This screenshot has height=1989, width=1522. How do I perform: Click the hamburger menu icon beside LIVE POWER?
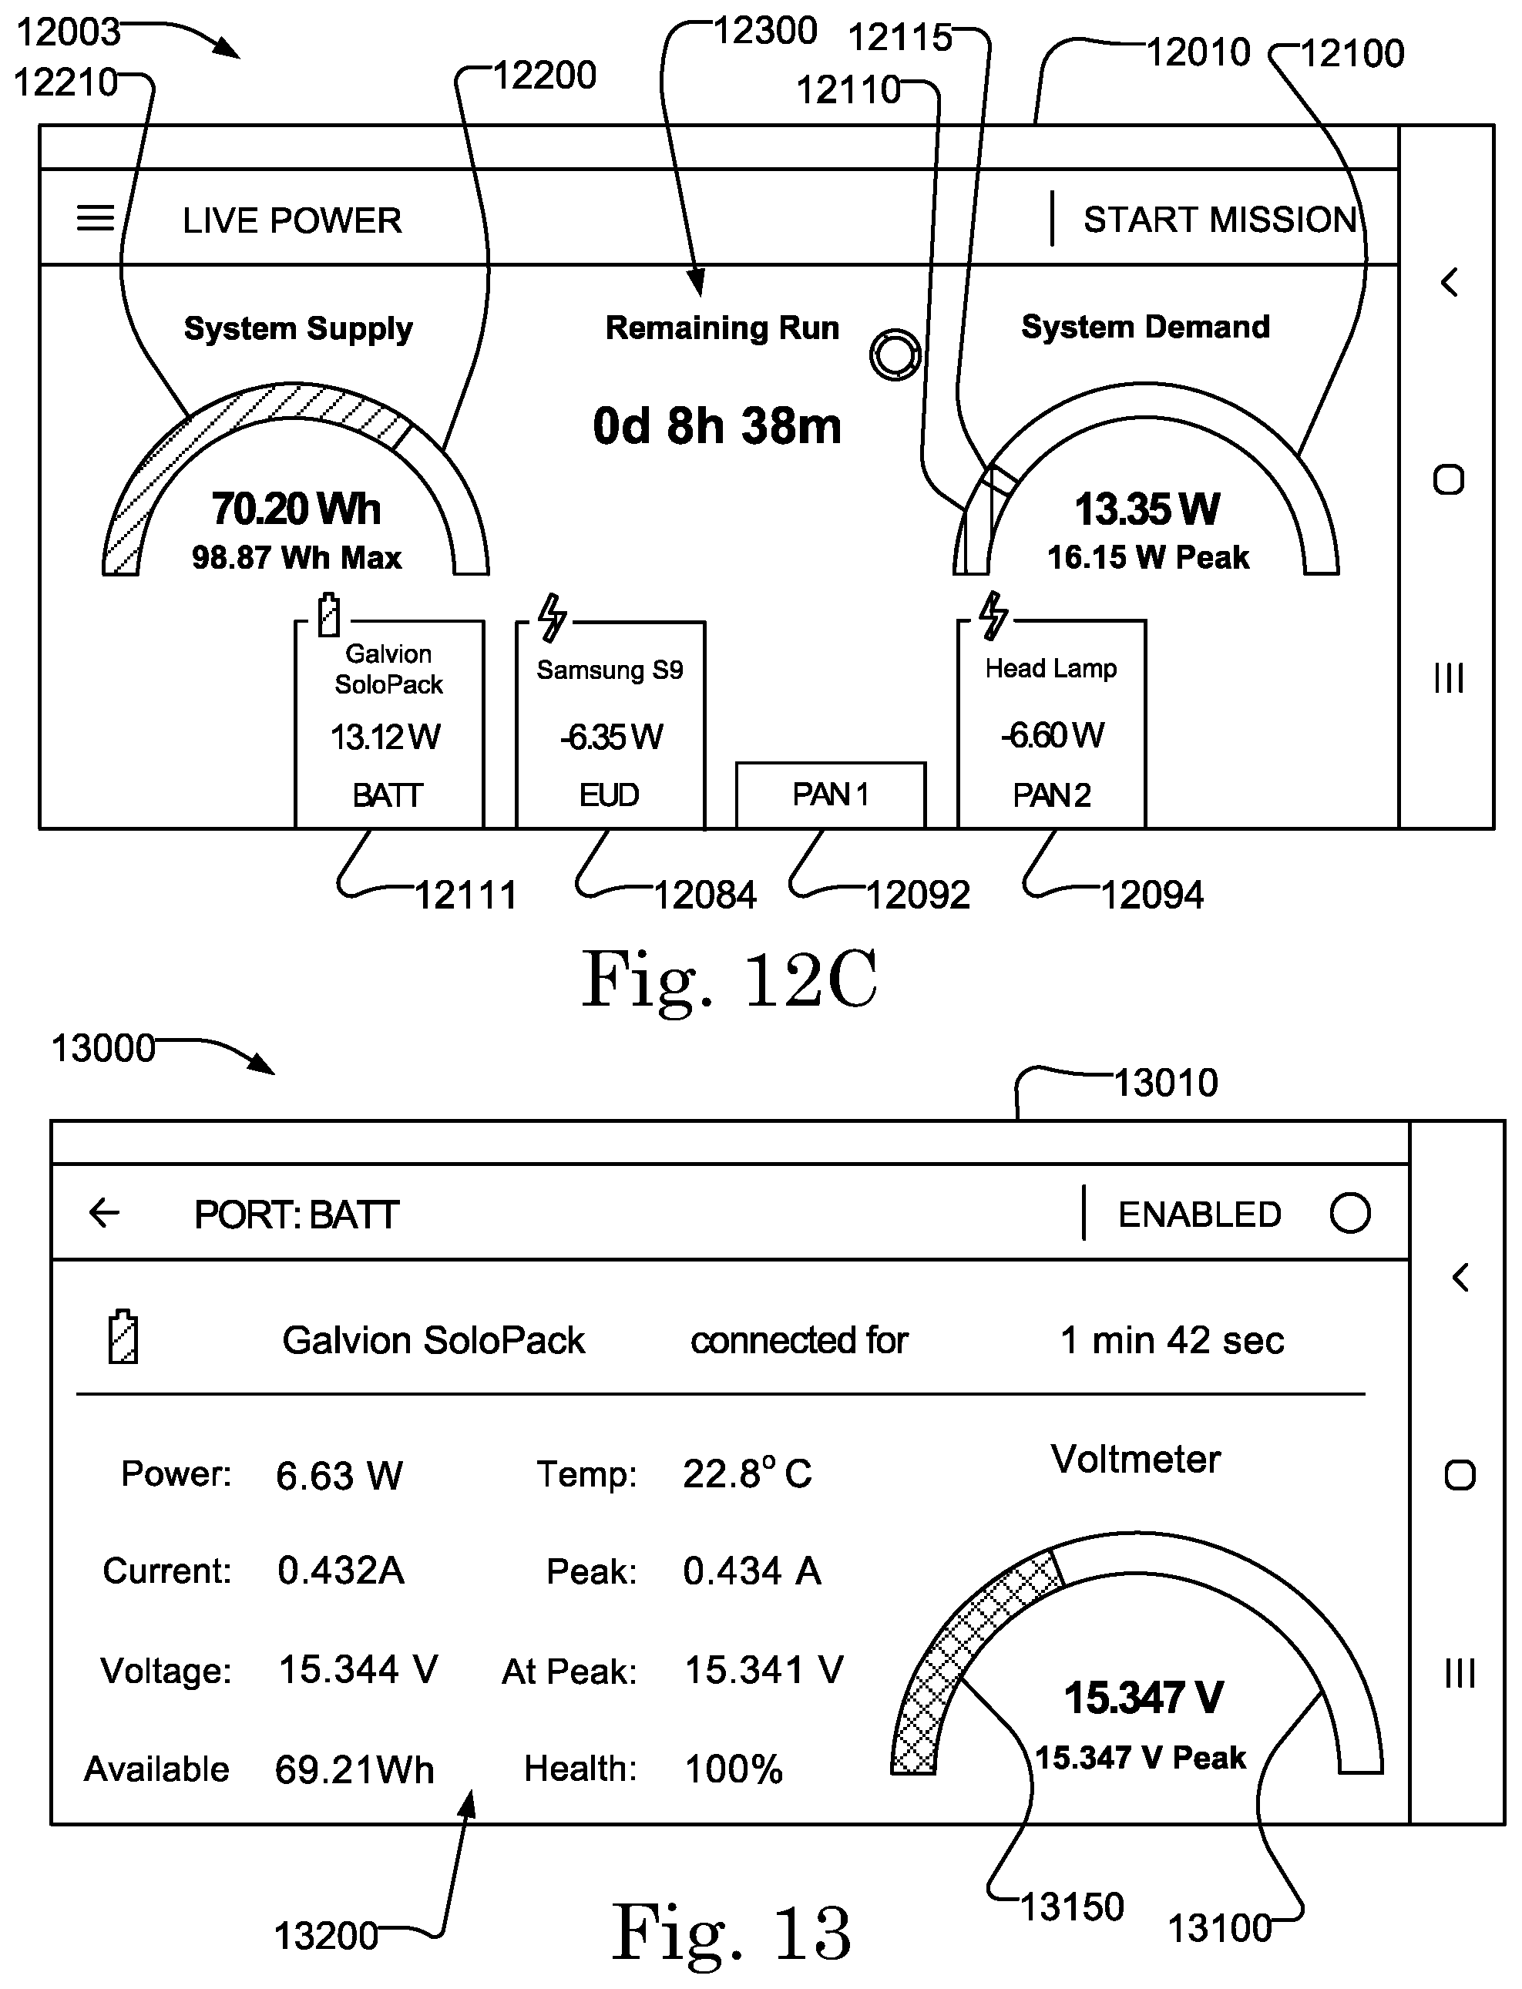pos(95,218)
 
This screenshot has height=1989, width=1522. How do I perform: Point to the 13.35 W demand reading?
pos(1147,509)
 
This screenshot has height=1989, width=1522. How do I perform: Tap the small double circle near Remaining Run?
pos(895,354)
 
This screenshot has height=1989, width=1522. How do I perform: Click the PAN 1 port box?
pos(831,795)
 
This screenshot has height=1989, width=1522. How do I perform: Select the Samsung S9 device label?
pos(610,670)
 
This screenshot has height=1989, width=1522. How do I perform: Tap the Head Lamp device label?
pos(1051,668)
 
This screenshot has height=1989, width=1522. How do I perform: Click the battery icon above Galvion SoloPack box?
pos(329,615)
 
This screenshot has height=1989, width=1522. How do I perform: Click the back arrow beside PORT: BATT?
pos(104,1213)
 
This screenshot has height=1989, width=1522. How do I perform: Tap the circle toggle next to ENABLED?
pos(1350,1213)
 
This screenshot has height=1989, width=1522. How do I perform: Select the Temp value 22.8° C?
pos(748,1473)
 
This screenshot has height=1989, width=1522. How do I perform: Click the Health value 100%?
pos(734,1769)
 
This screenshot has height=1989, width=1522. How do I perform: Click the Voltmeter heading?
pos(1136,1459)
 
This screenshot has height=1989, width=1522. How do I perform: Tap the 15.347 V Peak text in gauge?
pos(1141,1757)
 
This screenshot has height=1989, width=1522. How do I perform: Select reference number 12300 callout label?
pos(765,31)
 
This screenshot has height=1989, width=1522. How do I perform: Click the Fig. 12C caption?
pos(729,979)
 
